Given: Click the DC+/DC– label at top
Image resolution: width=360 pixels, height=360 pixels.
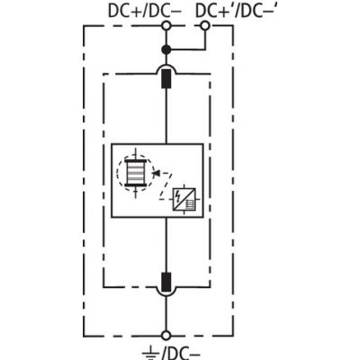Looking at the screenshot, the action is point(145,11).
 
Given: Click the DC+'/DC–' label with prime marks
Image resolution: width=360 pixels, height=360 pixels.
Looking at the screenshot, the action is point(236,11).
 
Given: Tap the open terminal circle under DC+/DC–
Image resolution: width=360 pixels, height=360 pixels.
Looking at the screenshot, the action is point(166,26).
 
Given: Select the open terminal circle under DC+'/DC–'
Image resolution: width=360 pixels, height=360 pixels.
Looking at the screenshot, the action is point(205,26).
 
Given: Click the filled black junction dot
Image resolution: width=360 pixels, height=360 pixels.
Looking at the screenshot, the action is point(166,49).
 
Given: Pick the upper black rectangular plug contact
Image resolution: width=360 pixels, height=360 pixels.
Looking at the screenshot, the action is point(166,78).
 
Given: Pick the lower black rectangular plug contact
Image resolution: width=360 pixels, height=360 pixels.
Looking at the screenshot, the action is point(166,282).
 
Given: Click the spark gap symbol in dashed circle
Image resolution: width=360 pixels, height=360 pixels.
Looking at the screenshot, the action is point(136,173).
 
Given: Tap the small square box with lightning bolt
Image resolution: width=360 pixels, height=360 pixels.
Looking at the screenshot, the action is point(184,200).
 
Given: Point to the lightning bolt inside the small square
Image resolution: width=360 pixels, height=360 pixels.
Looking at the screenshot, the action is point(178,195).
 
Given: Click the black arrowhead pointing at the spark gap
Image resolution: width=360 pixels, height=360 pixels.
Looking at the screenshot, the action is point(156,173).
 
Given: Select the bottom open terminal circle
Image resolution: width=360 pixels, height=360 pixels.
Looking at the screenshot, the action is point(166,336).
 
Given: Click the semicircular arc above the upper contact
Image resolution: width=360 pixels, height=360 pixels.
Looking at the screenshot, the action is point(166,67).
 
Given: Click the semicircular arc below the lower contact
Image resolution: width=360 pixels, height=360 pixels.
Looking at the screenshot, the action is point(166,292).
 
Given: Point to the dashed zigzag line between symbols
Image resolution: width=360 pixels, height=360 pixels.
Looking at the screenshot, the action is point(166,186).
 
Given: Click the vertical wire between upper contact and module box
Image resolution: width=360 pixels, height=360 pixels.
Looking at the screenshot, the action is point(166,116).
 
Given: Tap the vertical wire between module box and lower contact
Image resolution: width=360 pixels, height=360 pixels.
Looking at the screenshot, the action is point(166,245).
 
